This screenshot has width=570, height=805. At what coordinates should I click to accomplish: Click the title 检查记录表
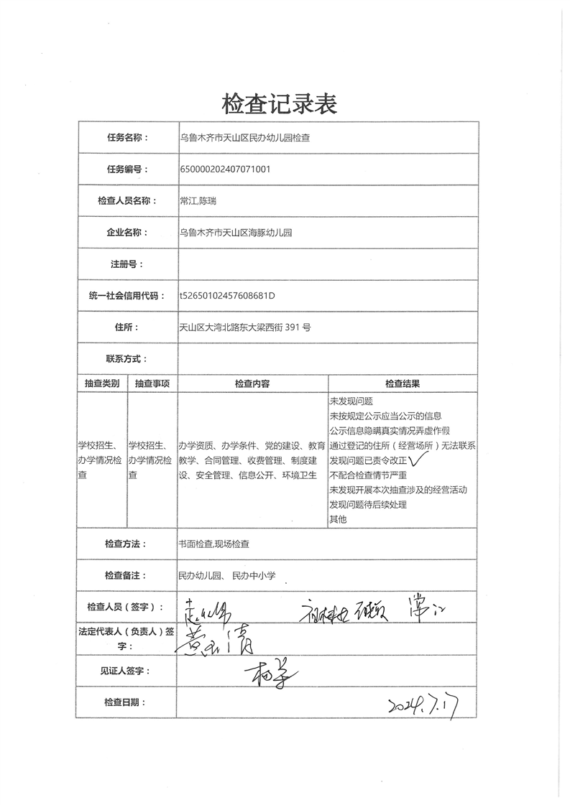point(280,104)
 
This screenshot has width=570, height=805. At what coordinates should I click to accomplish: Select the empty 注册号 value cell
point(328,264)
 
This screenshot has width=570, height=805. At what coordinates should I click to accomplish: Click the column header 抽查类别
point(101,383)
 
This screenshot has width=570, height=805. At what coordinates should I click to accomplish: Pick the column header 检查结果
point(403,383)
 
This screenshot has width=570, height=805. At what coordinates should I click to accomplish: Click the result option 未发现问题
point(351,401)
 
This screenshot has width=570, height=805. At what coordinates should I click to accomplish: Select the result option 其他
point(338,519)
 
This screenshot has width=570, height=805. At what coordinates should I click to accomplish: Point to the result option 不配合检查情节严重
point(368,475)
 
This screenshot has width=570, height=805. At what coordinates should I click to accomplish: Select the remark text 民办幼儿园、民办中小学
point(226,575)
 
